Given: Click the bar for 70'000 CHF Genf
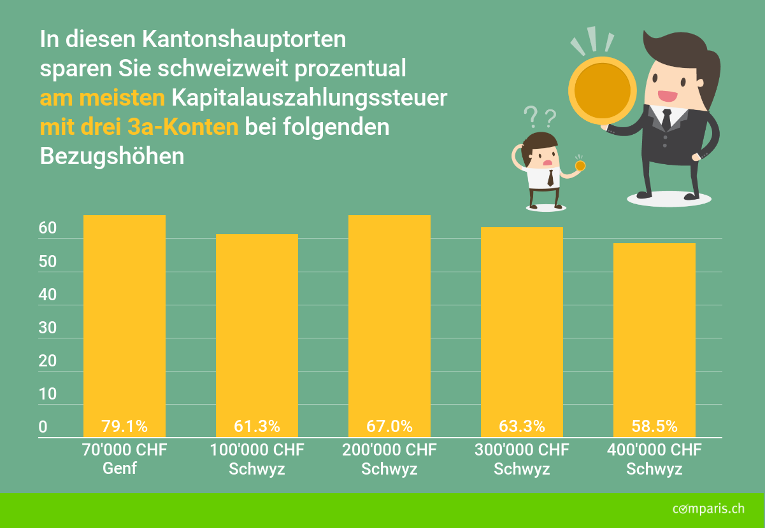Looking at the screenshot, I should [124, 318].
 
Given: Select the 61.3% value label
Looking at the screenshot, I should [257, 426].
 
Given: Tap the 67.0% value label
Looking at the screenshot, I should [389, 426].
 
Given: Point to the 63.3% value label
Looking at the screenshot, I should [522, 426].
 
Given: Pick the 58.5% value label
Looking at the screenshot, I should [654, 426].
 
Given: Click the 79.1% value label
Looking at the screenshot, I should [124, 426].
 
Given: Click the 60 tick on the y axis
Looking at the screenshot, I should [48, 228].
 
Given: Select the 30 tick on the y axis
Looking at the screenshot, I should [48, 328].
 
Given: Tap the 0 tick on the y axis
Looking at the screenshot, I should [43, 427].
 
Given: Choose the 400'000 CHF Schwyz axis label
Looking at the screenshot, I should [654, 459].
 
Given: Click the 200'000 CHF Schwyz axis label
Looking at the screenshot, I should [389, 459].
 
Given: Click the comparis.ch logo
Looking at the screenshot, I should [708, 508].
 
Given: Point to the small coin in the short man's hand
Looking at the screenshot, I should [580, 165].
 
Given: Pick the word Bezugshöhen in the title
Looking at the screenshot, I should [112, 156].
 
